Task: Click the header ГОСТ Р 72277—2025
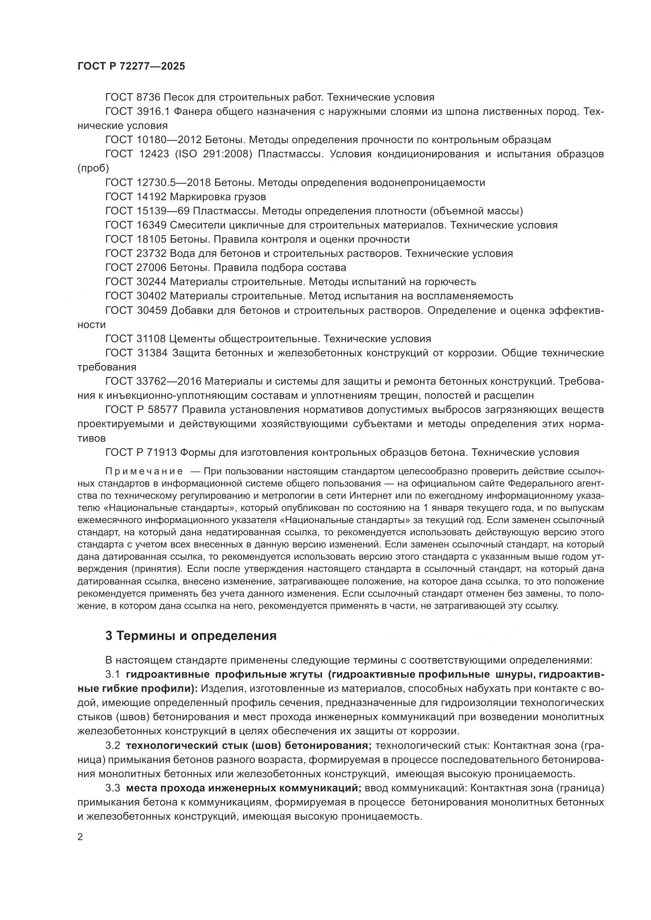click(131, 66)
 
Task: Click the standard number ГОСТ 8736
click(133, 97)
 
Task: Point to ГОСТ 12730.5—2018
click(158, 183)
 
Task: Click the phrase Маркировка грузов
click(218, 196)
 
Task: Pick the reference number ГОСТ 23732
click(135, 253)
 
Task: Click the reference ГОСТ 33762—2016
click(154, 381)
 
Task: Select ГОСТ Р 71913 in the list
click(141, 452)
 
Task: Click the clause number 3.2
click(113, 745)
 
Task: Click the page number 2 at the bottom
click(80, 837)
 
